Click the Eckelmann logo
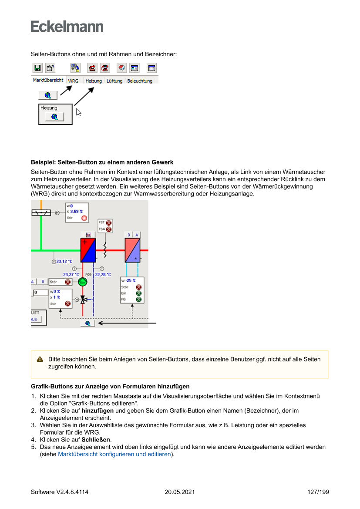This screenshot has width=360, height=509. click(x=67, y=27)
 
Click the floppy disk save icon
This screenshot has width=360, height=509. click(x=37, y=68)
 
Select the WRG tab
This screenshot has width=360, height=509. click(x=73, y=81)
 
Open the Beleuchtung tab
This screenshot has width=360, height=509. click(x=140, y=81)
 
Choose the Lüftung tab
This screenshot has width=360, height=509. click(x=114, y=81)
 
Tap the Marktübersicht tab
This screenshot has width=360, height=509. click(x=48, y=80)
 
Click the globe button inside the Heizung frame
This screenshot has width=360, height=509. click(x=54, y=117)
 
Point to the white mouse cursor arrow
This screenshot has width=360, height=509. click(x=78, y=112)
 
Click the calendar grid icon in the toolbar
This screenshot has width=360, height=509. click(x=151, y=68)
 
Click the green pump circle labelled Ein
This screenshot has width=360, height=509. click(x=83, y=282)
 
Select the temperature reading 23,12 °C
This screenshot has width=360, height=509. click(x=64, y=261)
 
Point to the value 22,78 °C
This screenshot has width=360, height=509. click(x=103, y=275)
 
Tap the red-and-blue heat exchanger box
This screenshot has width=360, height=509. click(x=88, y=250)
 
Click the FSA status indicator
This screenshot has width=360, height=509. click(x=108, y=229)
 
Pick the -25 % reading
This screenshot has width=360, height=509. click(x=131, y=280)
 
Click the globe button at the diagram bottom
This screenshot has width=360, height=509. click(x=88, y=323)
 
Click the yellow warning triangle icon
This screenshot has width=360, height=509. click(x=40, y=359)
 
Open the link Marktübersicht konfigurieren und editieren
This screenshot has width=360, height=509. click(x=114, y=454)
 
